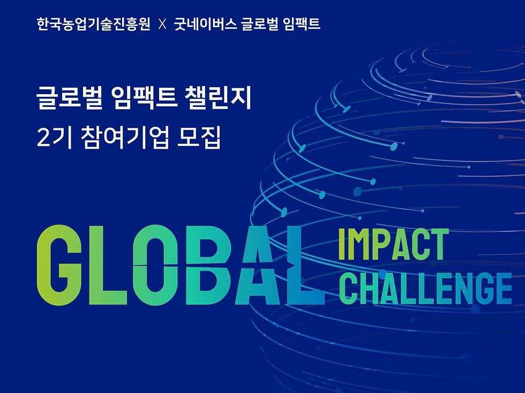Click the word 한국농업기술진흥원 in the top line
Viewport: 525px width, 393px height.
(93, 24)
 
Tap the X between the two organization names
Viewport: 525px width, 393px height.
(162, 25)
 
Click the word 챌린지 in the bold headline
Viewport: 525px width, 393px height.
(218, 98)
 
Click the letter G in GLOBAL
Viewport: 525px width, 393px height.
(59, 265)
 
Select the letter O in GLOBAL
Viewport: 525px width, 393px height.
(155, 265)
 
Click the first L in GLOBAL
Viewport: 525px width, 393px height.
(108, 265)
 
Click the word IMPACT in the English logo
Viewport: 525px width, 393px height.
(393, 244)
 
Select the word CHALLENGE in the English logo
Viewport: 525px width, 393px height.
(425, 288)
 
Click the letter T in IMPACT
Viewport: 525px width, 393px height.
(440, 244)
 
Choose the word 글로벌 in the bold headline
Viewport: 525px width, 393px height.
(69, 98)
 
